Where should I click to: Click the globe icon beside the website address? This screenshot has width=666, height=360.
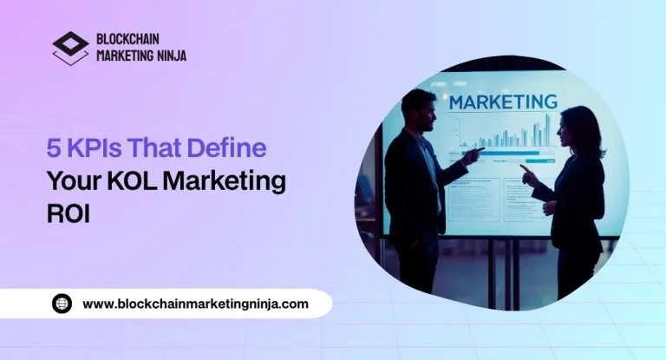tap(62, 304)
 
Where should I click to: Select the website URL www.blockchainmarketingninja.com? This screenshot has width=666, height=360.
tap(195, 304)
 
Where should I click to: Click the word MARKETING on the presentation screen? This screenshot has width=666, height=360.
tap(502, 101)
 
